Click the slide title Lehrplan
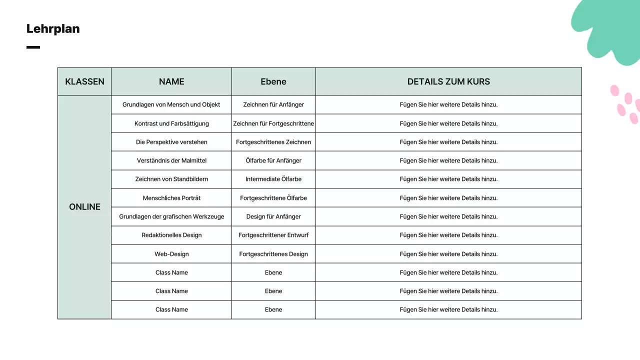click(53, 29)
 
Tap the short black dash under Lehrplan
click(33, 47)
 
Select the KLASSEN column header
click(84, 81)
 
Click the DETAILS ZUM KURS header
click(448, 81)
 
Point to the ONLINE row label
click(84, 207)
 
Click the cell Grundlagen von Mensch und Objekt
click(171, 104)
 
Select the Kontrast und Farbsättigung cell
click(171, 123)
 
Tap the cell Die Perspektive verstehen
click(171, 142)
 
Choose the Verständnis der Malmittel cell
click(171, 160)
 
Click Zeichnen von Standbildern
click(171, 179)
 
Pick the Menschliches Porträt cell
click(171, 198)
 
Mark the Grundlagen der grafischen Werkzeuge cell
click(171, 216)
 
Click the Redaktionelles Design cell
click(171, 235)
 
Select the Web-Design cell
click(171, 254)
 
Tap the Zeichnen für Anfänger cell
click(273, 104)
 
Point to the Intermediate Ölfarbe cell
click(273, 179)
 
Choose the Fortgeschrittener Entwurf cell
click(273, 235)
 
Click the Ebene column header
click(273, 81)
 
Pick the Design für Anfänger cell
click(273, 216)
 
